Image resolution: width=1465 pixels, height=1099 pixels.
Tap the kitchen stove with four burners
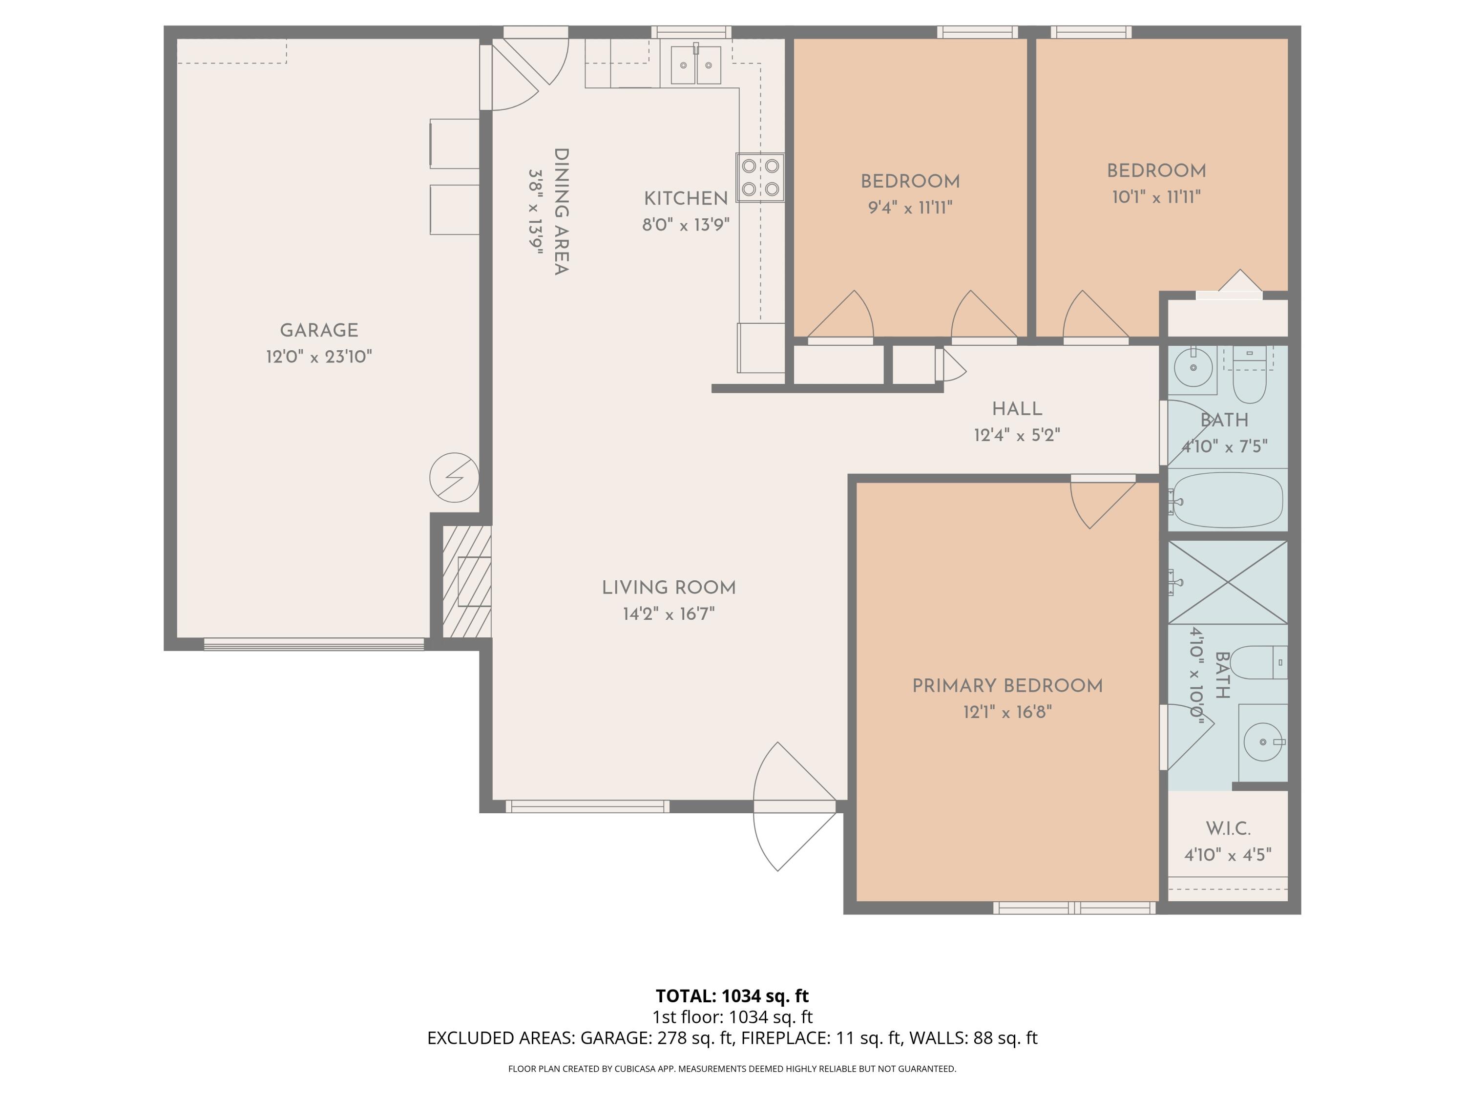760,177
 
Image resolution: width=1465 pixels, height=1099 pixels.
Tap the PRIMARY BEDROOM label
1007,686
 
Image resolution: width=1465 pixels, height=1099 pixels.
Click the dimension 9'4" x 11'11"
910,208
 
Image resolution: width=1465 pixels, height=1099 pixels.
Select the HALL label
1017,409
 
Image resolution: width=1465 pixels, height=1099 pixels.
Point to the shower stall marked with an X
1227,582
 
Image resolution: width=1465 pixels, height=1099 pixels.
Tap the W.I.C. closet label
1228,828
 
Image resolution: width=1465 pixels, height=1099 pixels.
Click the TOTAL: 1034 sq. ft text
732,995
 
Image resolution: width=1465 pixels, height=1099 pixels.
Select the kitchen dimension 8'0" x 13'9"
686,225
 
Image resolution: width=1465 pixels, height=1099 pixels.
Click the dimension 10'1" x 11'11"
1156,197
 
